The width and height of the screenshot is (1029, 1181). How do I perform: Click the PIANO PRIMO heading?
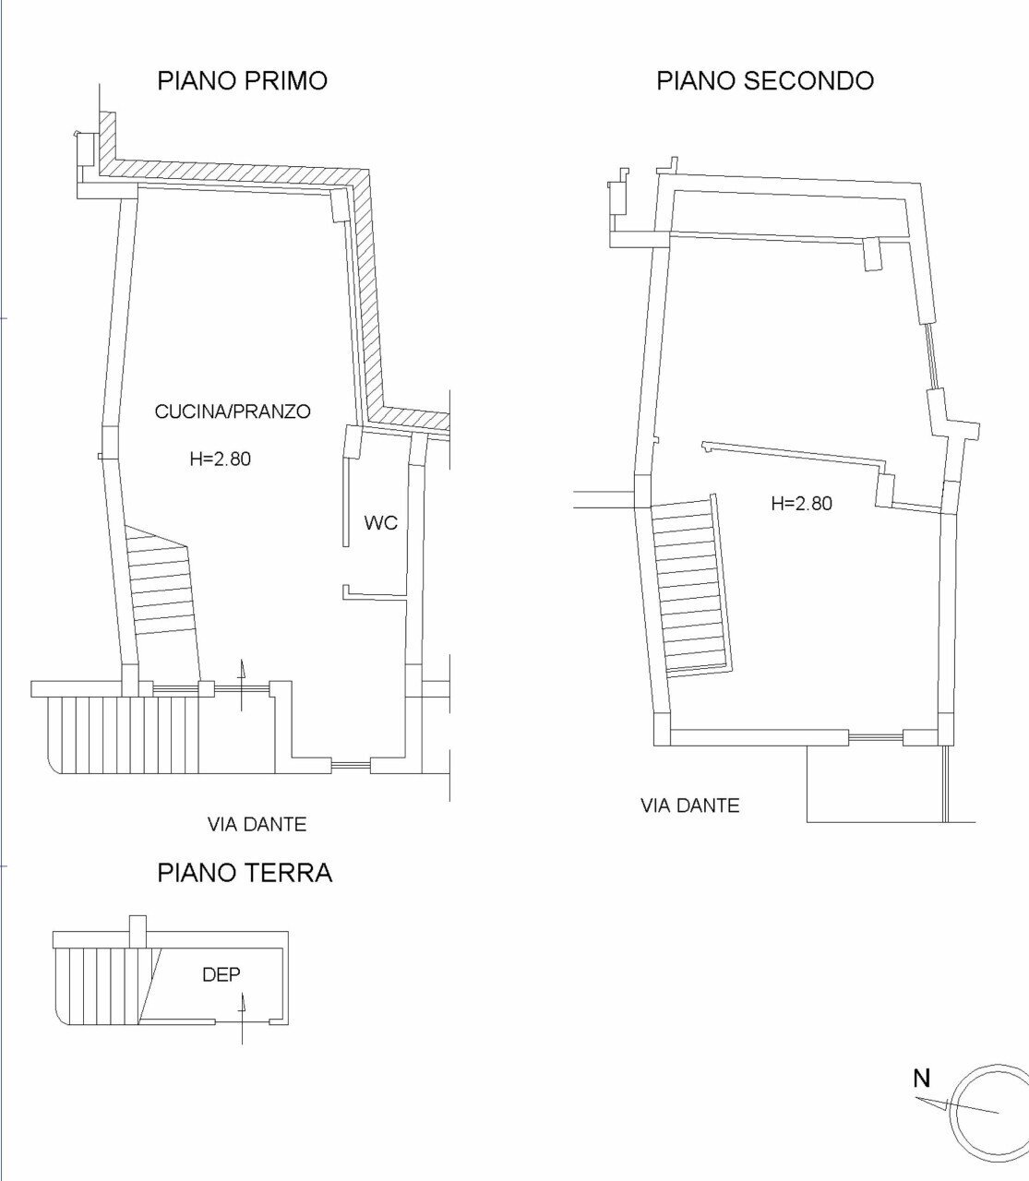tap(242, 80)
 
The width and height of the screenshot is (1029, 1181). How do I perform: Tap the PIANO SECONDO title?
tap(764, 80)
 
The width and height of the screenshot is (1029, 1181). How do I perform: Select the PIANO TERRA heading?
tap(245, 872)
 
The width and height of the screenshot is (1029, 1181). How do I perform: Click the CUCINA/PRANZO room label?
tap(232, 412)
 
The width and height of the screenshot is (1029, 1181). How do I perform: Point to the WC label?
tap(380, 523)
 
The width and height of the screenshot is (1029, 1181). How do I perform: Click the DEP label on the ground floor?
tap(221, 973)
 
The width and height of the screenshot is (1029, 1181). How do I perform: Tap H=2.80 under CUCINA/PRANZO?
tap(220, 458)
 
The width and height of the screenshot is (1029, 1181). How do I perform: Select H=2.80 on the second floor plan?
tap(801, 503)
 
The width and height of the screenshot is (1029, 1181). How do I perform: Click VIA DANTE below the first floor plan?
tap(256, 824)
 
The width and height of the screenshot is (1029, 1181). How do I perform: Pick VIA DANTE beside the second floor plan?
tap(689, 805)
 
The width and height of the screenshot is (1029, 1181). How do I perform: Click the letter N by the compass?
tap(921, 1078)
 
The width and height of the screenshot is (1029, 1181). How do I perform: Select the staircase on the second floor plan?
tap(690, 586)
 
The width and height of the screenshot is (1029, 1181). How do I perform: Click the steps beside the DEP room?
tap(102, 984)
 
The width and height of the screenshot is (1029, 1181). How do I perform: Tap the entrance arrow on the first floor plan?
tap(242, 685)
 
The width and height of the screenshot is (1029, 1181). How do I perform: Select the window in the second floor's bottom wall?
tap(875, 737)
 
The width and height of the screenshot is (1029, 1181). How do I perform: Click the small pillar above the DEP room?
tap(137, 929)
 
